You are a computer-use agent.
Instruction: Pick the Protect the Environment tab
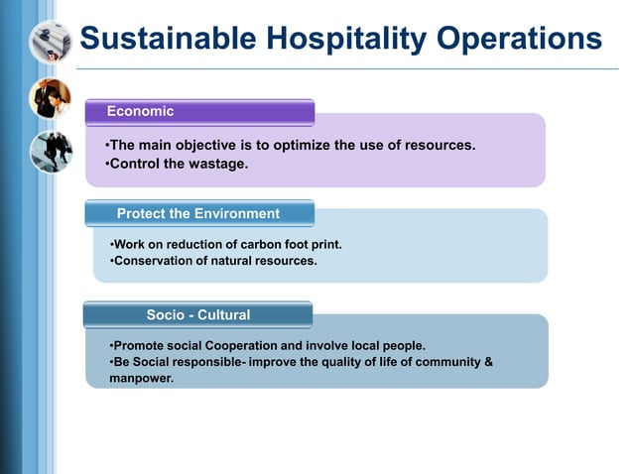(198, 213)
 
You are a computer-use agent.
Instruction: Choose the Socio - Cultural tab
(197, 315)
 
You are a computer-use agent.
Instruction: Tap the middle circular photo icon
(49, 98)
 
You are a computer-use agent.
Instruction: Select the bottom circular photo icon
(49, 152)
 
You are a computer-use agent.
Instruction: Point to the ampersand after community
(487, 362)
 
